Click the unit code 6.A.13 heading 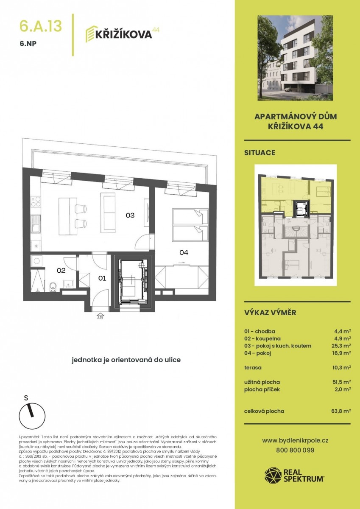click(41, 26)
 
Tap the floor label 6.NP click(28, 44)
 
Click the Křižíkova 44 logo click(122, 34)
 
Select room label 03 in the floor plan click(130, 215)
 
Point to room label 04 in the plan click(184, 252)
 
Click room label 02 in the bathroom click(61, 271)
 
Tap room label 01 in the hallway click(102, 278)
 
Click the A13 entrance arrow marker click(100, 316)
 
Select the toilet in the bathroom click(53, 287)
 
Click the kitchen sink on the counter click(36, 224)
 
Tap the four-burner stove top click(36, 201)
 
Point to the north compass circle click(32, 417)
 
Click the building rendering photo click(295, 58)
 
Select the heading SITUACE click(260, 153)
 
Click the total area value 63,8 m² click(341, 411)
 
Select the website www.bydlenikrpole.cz click(295, 440)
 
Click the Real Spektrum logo click(294, 475)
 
